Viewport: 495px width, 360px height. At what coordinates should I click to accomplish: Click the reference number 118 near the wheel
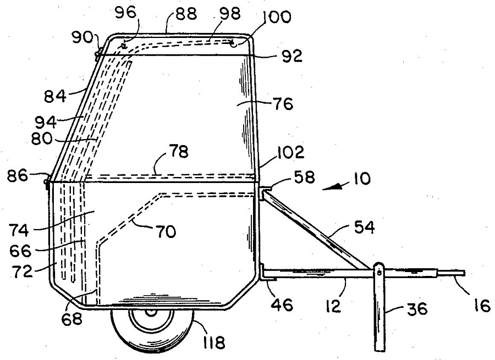pyautogui.click(x=214, y=342)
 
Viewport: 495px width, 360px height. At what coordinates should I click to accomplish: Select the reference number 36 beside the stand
pyautogui.click(x=417, y=309)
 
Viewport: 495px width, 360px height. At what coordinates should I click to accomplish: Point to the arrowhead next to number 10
pyautogui.click(x=332, y=188)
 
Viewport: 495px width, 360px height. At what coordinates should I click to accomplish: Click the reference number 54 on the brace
pyautogui.click(x=364, y=228)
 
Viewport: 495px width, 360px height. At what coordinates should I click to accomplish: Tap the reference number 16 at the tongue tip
pyautogui.click(x=482, y=306)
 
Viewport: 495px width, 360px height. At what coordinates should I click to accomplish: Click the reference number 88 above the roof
pyautogui.click(x=186, y=14)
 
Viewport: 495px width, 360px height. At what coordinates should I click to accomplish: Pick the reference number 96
pyautogui.click(x=125, y=13)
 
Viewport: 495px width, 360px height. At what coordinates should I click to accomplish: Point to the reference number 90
pyautogui.click(x=82, y=37)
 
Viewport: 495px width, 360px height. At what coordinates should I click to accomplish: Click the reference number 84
pyautogui.click(x=55, y=96)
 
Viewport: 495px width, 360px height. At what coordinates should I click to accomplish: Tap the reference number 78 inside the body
pyautogui.click(x=178, y=152)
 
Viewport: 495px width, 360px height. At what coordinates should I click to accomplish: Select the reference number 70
pyautogui.click(x=166, y=232)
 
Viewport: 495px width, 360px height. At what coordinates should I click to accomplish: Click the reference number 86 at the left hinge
pyautogui.click(x=18, y=175)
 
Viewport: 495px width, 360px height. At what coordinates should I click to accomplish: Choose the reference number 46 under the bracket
pyautogui.click(x=283, y=305)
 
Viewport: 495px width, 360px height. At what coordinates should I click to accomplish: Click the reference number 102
pyautogui.click(x=291, y=152)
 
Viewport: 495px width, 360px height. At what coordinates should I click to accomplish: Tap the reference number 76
pyautogui.click(x=283, y=103)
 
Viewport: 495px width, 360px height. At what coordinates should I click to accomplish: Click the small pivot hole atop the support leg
pyautogui.click(x=379, y=270)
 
